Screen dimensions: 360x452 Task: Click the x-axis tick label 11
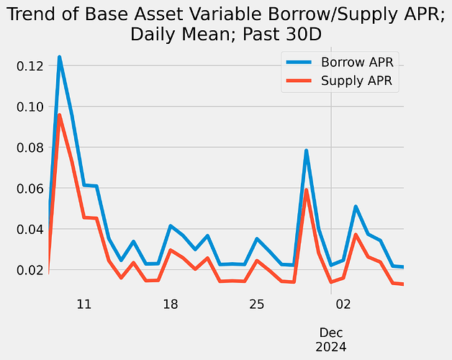pos(83,304)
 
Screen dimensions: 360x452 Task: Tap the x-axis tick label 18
pos(171,304)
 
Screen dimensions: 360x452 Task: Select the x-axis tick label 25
pos(257,304)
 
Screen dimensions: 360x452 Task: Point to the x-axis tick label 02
pos(343,304)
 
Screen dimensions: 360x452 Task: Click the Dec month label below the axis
pos(331,332)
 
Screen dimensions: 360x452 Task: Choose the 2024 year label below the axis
pos(331,346)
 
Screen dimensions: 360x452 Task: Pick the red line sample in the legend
pos(300,81)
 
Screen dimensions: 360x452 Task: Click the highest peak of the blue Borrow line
pos(59,57)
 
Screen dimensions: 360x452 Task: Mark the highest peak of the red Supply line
pos(59,115)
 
